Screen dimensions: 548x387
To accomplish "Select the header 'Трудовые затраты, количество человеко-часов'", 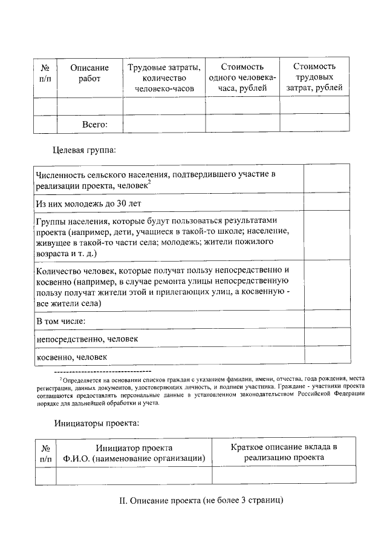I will click(164, 78).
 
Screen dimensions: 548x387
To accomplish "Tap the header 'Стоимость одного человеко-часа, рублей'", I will click(242, 78).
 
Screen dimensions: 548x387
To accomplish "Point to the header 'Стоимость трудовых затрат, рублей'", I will click(313, 78).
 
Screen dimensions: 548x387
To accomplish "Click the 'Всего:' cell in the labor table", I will click(94, 125).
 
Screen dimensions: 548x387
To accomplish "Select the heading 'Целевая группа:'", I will click(84, 149).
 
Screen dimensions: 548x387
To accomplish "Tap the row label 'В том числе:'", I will click(60, 320).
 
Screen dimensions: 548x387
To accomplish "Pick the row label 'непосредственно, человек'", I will click(87, 338).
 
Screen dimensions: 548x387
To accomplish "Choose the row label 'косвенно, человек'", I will click(72, 357).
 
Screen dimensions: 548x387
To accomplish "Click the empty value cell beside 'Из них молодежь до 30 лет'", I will click(326, 202).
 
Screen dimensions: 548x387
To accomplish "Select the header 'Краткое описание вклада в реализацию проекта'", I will click(284, 452).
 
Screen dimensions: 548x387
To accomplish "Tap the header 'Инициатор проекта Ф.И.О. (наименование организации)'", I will click(134, 453).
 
